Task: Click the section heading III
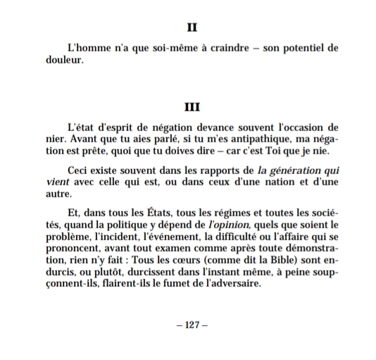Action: [190, 108]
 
